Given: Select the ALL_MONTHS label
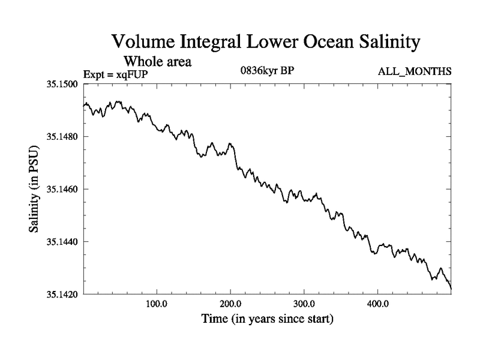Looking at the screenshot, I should coord(415,72).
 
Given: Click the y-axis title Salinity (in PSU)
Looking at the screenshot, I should coord(35,189).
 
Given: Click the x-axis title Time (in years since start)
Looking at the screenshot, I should coord(266,319).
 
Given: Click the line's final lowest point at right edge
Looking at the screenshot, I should coord(451,289).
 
